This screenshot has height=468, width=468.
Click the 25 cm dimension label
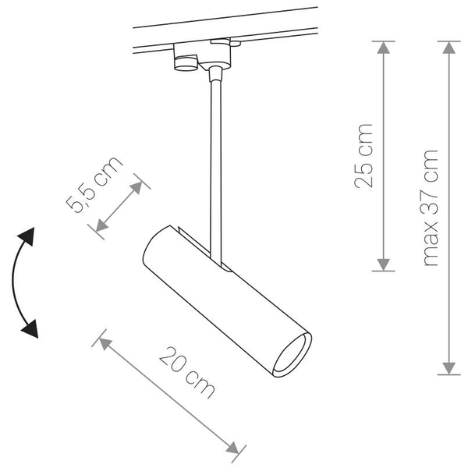(x=363, y=156)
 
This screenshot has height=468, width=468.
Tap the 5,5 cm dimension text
(x=94, y=184)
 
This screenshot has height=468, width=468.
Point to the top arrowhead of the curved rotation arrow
(x=30, y=236)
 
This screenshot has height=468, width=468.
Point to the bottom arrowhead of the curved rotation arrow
(x=30, y=331)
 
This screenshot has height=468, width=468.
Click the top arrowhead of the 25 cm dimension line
(x=383, y=48)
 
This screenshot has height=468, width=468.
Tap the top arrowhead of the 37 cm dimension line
(x=448, y=48)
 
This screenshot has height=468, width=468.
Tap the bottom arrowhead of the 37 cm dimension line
(x=448, y=367)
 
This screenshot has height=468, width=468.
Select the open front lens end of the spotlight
(x=292, y=355)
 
